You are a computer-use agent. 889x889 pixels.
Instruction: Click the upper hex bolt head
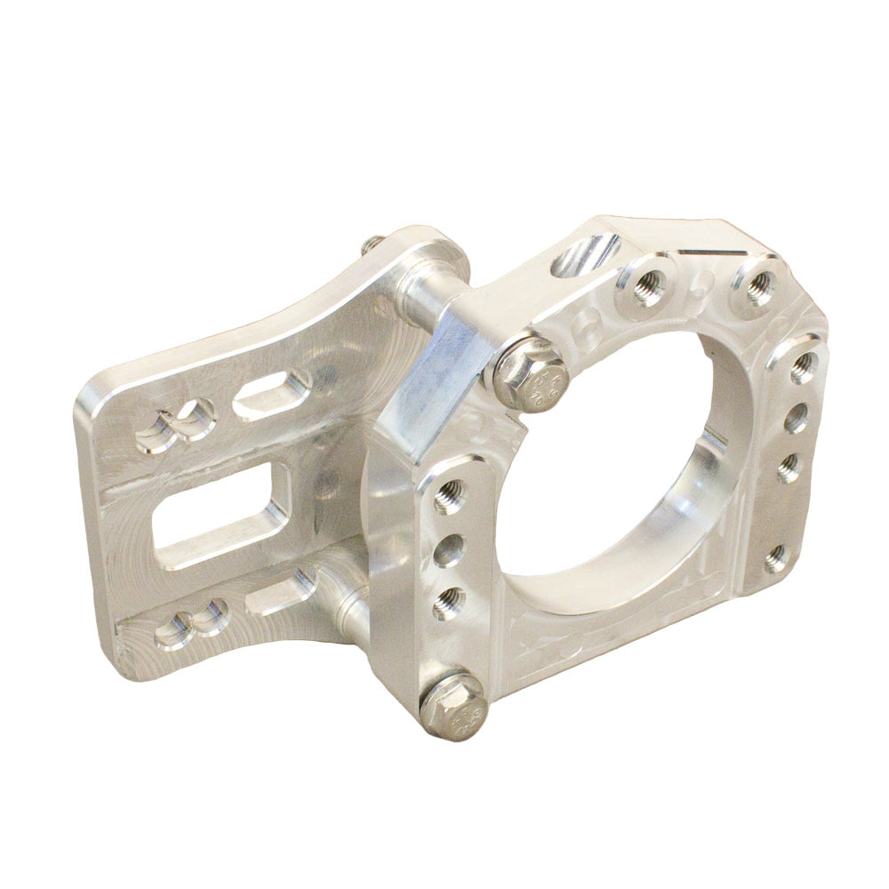(530, 374)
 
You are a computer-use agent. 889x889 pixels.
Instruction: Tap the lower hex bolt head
(453, 706)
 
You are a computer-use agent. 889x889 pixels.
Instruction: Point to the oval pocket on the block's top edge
(586, 254)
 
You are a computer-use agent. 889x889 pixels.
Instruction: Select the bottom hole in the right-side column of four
(775, 558)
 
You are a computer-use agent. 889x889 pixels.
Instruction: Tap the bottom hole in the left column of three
(449, 603)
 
